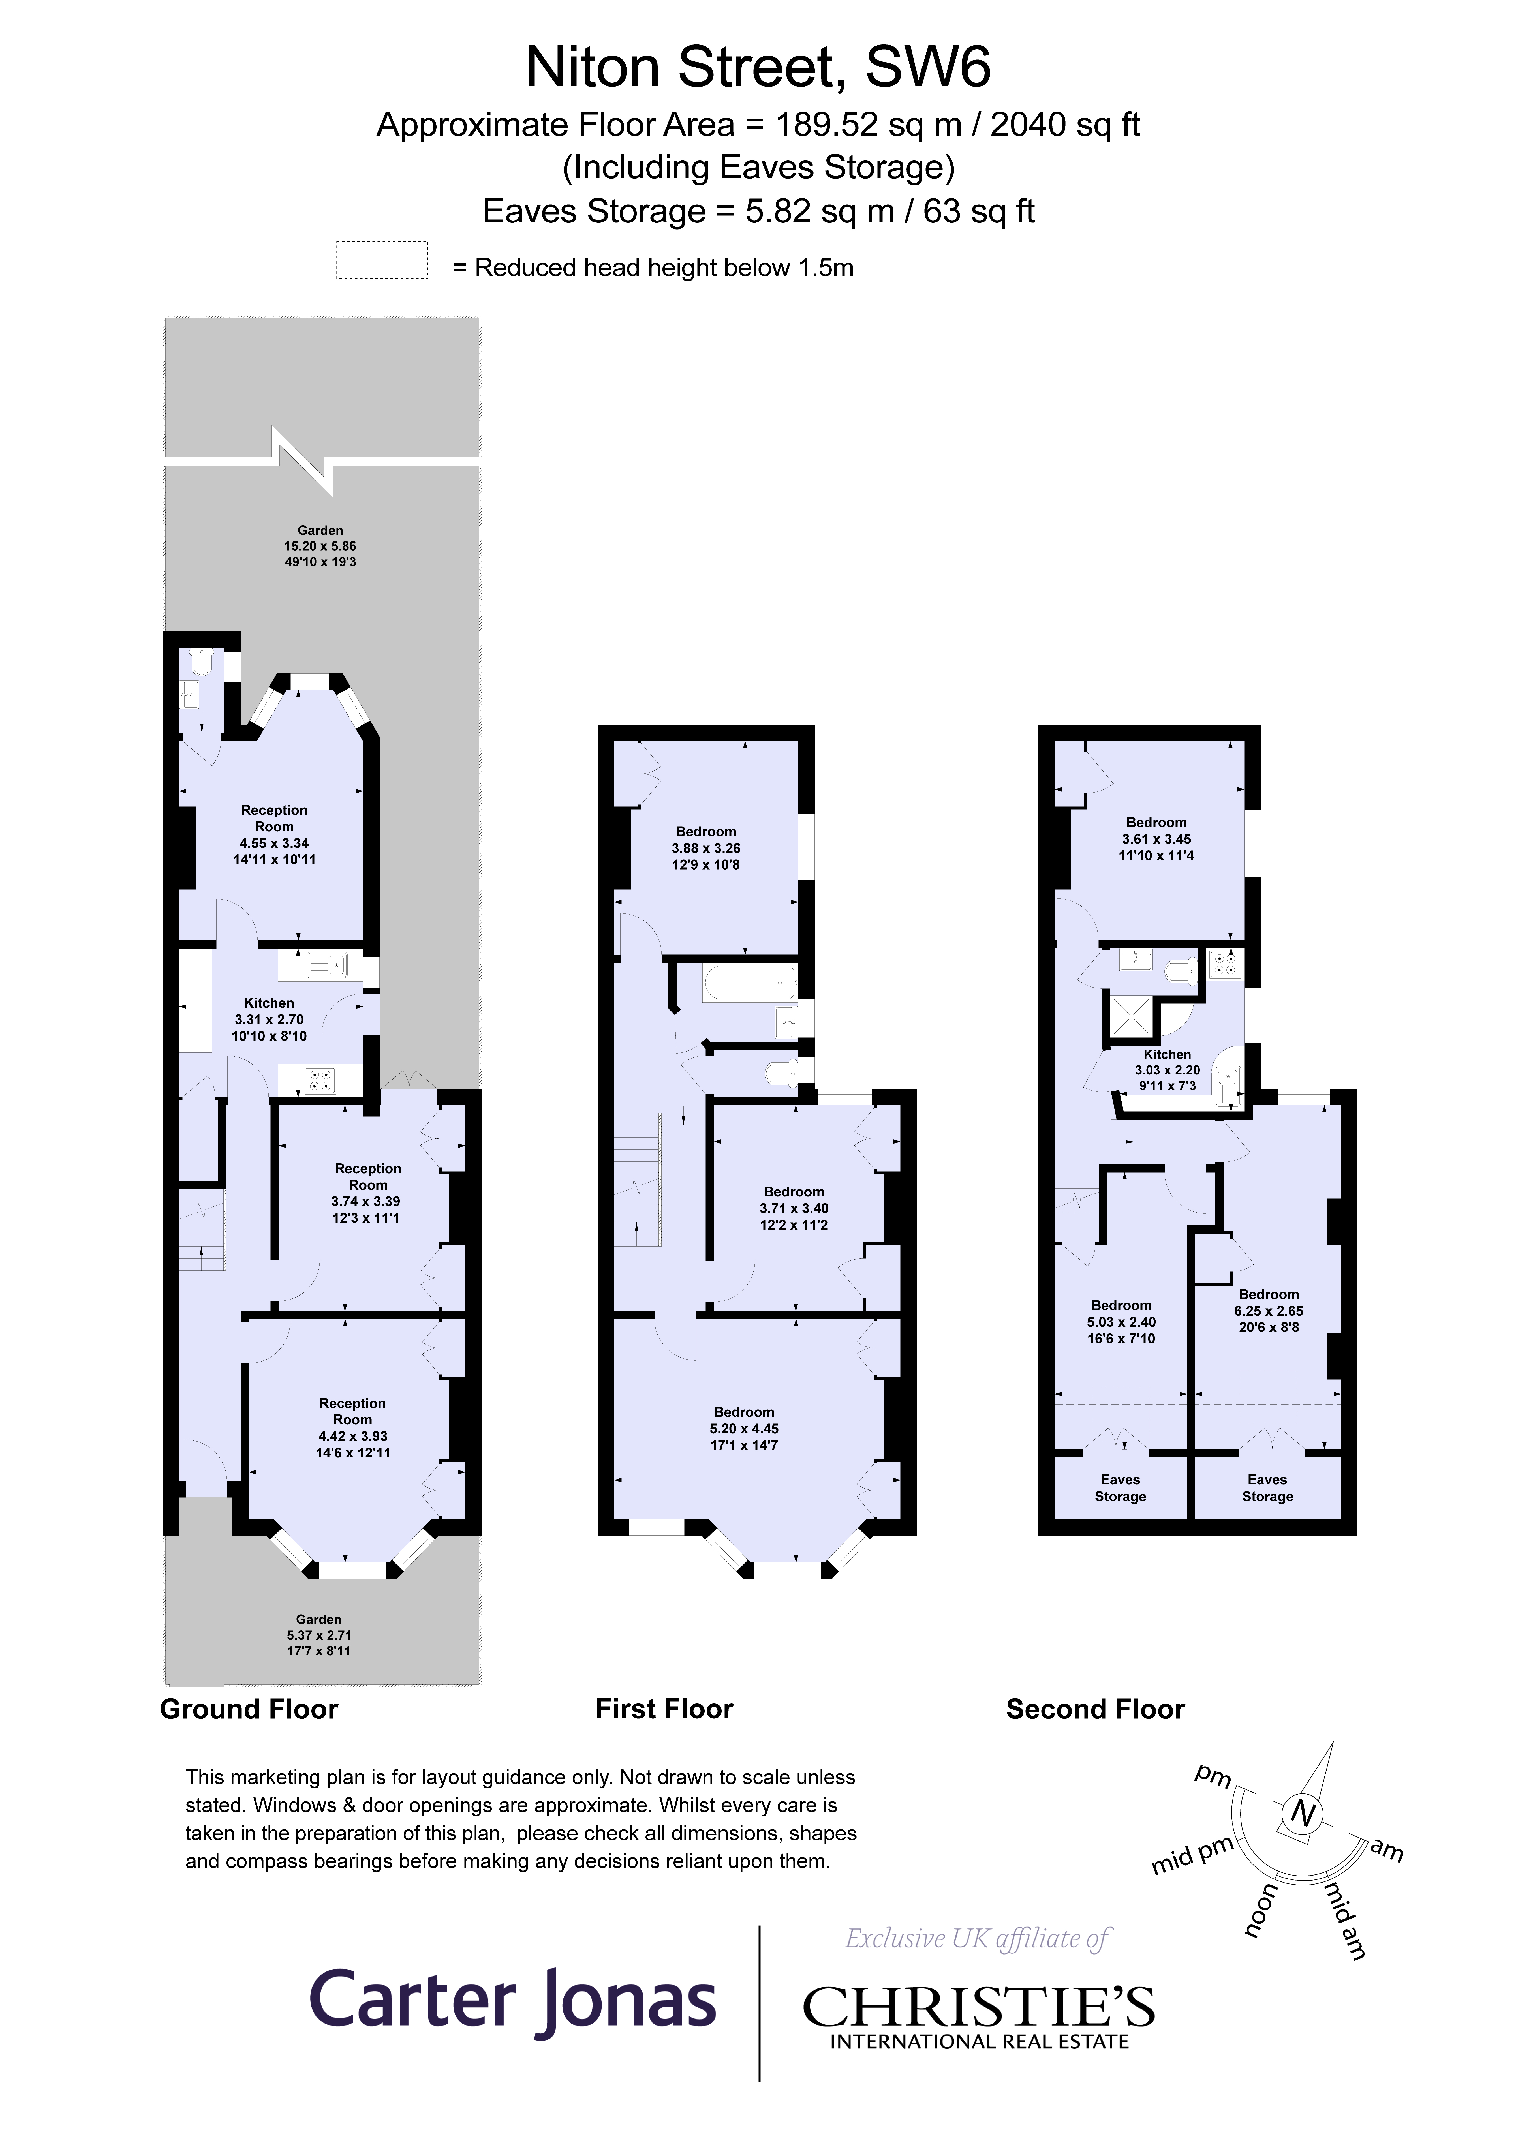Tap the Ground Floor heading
[249, 1709]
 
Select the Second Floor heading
[1094, 1709]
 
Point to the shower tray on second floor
[1131, 1016]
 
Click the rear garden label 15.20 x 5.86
[320, 546]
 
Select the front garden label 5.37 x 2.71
[319, 1635]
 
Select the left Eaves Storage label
[1120, 1487]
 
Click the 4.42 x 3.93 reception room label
[352, 1427]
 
